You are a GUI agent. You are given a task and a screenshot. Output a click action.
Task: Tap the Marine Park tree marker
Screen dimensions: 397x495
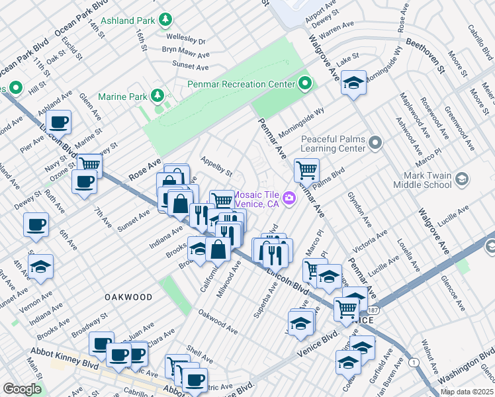(157, 97)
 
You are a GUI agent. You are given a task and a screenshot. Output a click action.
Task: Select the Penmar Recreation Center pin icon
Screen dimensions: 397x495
(305, 84)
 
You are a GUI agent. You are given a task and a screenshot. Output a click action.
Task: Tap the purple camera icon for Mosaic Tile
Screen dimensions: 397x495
(289, 198)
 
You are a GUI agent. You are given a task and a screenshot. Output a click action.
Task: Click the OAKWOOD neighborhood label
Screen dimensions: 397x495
(128, 298)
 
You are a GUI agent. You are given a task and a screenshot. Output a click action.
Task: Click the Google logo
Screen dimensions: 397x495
(22, 389)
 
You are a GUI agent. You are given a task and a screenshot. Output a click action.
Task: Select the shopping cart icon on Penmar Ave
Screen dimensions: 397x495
(306, 170)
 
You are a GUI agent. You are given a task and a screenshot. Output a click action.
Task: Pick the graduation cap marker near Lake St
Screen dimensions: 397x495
(354, 82)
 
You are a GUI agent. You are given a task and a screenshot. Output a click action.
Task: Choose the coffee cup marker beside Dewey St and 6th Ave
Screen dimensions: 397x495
(36, 224)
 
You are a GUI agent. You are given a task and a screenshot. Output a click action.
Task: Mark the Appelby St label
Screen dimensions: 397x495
(216, 167)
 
